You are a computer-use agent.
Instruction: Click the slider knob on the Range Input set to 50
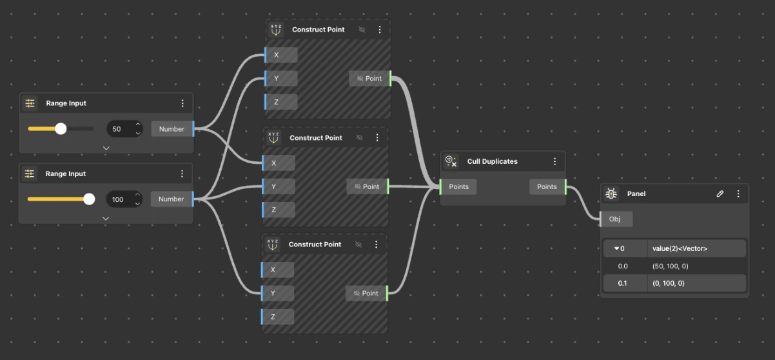pyautogui.click(x=61, y=129)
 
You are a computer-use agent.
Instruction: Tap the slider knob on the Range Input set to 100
pyautogui.click(x=89, y=199)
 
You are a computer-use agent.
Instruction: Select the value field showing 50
pyautogui.click(x=124, y=129)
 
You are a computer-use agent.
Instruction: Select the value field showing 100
pyautogui.click(x=124, y=199)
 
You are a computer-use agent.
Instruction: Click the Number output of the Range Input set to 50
pyautogui.click(x=172, y=129)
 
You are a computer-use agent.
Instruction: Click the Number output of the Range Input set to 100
pyautogui.click(x=172, y=199)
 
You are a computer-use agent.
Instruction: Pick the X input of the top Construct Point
pyautogui.click(x=280, y=55)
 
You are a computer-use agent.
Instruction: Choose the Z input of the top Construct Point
pyautogui.click(x=280, y=102)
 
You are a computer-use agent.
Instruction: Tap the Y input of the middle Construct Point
pyautogui.click(x=278, y=186)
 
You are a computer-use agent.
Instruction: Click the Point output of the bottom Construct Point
pyautogui.click(x=366, y=293)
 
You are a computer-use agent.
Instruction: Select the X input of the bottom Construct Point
pyautogui.click(x=277, y=270)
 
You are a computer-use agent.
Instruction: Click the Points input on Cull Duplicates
pyautogui.click(x=458, y=186)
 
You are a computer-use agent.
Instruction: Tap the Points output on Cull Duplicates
pyautogui.click(x=547, y=186)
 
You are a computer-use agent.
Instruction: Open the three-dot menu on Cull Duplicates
pyautogui.click(x=554, y=161)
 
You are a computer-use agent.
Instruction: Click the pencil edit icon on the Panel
pyautogui.click(x=720, y=194)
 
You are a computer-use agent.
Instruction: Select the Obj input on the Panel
pyautogui.click(x=616, y=219)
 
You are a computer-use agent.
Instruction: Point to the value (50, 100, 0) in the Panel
pyautogui.click(x=670, y=266)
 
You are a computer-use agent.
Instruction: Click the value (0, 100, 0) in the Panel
pyautogui.click(x=669, y=283)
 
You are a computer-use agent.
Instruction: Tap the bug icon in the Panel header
pyautogui.click(x=611, y=194)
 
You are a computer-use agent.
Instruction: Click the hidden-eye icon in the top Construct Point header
pyautogui.click(x=362, y=30)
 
